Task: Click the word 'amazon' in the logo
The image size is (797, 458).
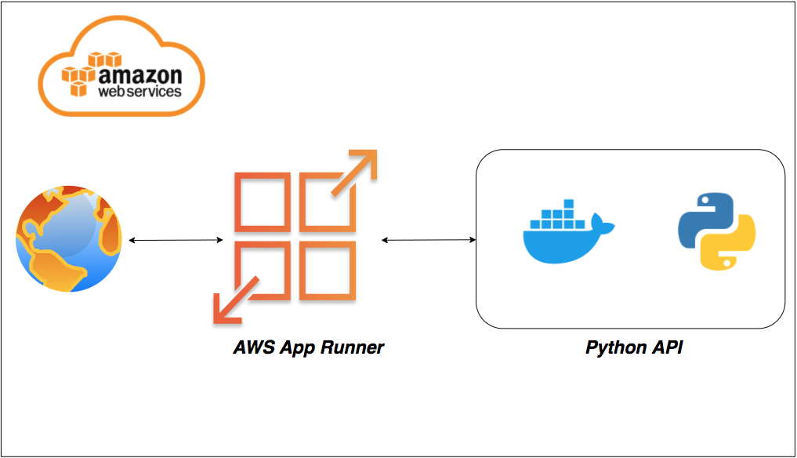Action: click(139, 75)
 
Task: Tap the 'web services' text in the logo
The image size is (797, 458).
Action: click(139, 92)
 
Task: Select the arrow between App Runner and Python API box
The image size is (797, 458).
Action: click(429, 240)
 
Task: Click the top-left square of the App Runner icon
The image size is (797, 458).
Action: click(262, 201)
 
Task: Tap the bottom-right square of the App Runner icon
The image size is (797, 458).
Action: click(328, 271)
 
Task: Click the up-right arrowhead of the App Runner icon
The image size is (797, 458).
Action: click(362, 164)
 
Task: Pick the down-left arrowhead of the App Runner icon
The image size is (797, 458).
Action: click(227, 308)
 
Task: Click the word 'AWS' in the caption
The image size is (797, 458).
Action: click(253, 347)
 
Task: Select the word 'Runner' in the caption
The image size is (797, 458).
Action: click(352, 347)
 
